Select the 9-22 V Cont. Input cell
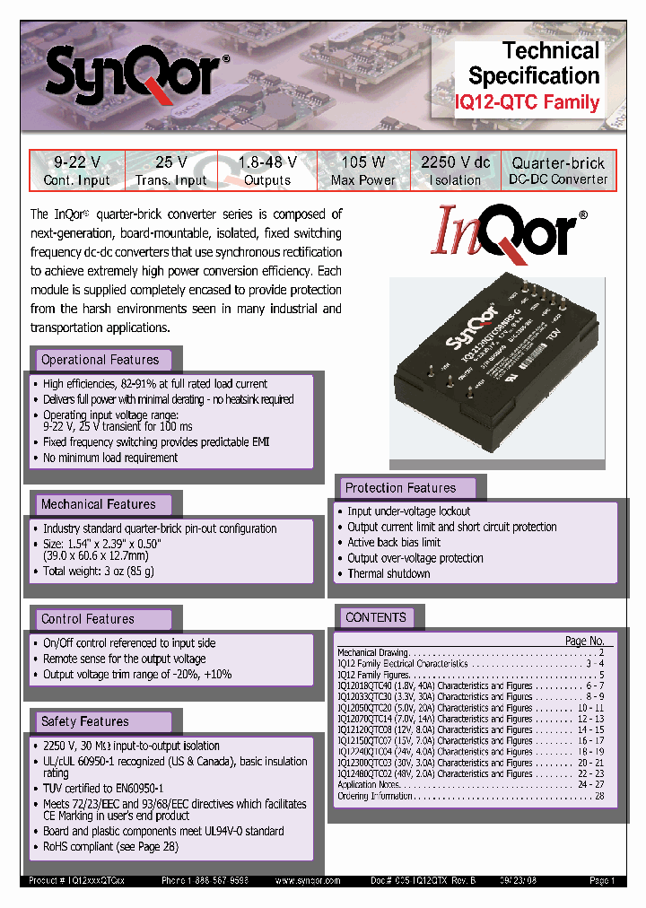(76, 170)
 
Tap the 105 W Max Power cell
(362, 170)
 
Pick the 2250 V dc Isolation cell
(455, 170)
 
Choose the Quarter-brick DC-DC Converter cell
(558, 170)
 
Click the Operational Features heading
(100, 360)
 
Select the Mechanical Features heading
(98, 504)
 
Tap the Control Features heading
(87, 619)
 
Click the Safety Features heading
(84, 721)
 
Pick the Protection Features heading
(400, 488)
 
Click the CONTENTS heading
(375, 617)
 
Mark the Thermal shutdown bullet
(388, 573)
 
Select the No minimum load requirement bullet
(110, 458)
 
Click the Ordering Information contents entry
(375, 796)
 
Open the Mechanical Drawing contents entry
(372, 652)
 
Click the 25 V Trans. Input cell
(170, 170)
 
